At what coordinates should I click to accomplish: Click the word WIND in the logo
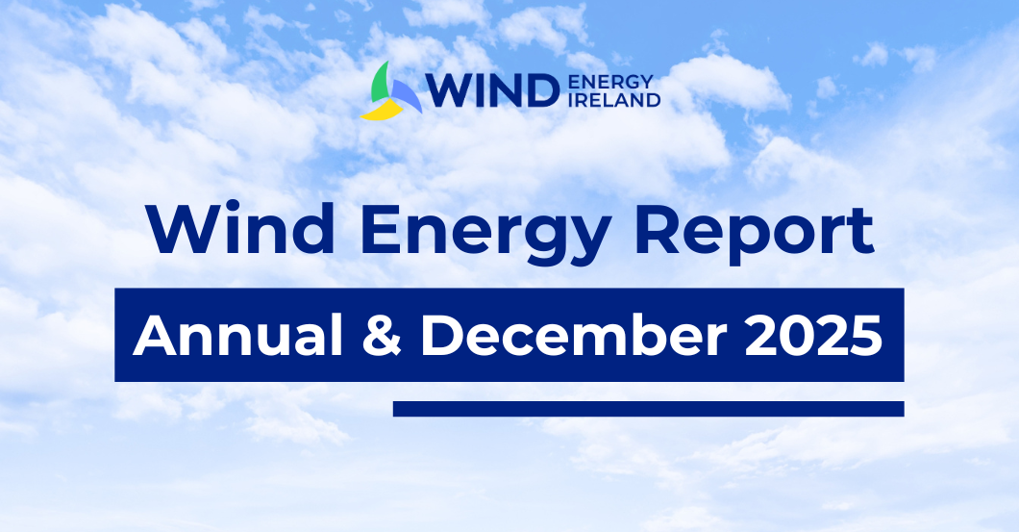click(492, 90)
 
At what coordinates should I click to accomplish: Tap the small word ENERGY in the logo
click(610, 82)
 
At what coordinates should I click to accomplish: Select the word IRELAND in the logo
click(614, 99)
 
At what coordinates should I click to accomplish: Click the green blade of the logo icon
click(380, 83)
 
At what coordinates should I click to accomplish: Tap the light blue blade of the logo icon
click(407, 95)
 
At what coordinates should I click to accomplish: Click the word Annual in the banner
click(237, 336)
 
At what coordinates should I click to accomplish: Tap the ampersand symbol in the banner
click(382, 337)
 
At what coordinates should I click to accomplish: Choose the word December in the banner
click(573, 336)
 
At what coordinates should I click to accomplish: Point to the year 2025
click(813, 337)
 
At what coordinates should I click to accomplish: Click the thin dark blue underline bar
click(649, 409)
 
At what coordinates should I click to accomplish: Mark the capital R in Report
click(658, 230)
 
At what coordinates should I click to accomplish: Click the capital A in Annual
click(155, 337)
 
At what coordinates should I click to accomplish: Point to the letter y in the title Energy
click(588, 242)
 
